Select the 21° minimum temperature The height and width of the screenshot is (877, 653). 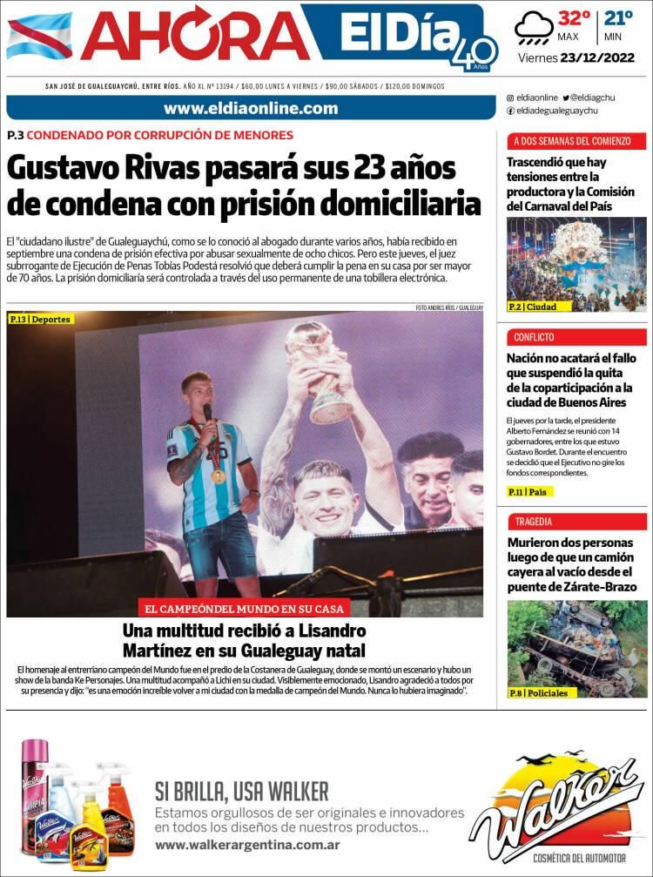(619, 18)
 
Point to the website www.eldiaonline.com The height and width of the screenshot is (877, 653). (250, 108)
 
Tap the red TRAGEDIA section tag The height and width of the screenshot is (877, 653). (534, 522)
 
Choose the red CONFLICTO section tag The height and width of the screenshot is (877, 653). (534, 337)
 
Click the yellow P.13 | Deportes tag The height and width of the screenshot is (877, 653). (40, 320)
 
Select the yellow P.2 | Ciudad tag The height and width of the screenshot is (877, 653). (533, 307)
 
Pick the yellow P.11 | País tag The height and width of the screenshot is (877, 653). (529, 492)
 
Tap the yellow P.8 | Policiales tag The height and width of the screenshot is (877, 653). (538, 693)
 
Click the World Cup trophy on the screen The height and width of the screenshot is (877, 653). (316, 366)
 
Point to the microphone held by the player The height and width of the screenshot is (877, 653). (207, 413)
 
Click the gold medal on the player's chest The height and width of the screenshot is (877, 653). (219, 476)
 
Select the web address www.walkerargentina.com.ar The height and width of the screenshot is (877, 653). (247, 845)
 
